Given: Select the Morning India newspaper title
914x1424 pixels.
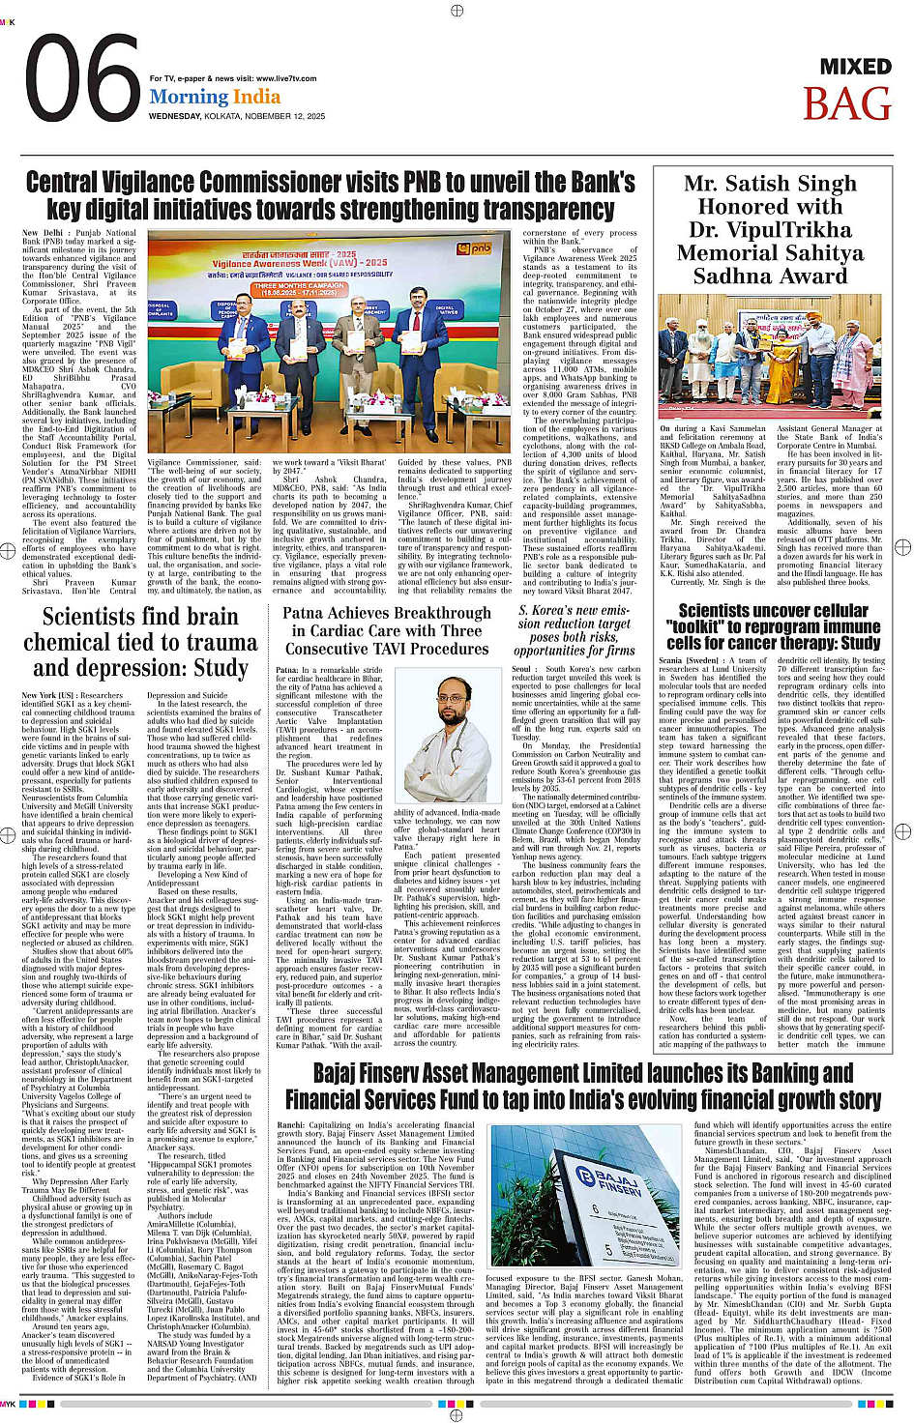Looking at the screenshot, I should [215, 97].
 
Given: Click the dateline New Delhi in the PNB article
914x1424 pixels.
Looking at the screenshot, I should [42, 233].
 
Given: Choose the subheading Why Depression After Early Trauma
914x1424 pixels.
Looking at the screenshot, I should [77, 1180].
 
